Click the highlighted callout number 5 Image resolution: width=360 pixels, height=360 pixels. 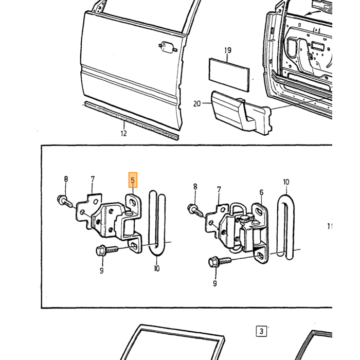point(133,180)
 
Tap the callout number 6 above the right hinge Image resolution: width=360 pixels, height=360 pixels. point(261,192)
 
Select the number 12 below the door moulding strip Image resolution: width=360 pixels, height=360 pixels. point(123,133)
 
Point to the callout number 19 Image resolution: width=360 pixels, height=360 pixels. point(227,50)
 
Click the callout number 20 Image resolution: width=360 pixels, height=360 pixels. point(197,104)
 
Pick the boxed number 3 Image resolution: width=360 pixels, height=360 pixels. point(261,331)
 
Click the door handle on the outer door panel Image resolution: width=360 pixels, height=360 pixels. point(168,47)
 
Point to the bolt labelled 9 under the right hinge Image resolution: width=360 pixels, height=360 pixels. point(220,261)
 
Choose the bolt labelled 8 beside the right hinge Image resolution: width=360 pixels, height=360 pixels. point(195,210)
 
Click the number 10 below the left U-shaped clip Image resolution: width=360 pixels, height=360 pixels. point(156,268)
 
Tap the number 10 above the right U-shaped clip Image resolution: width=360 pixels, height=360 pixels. point(286,182)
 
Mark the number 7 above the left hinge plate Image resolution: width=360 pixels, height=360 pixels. point(93,179)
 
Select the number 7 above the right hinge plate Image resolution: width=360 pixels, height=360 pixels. point(219,190)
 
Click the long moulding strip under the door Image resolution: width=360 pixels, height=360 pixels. point(132,120)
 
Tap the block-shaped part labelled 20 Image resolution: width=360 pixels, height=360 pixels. point(241,113)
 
